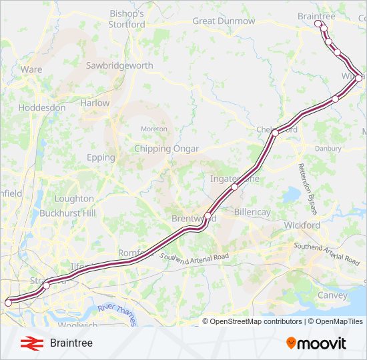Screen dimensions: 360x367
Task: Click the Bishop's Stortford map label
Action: click(126, 19)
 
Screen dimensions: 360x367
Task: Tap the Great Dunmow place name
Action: click(224, 21)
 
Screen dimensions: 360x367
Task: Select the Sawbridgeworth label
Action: click(119, 66)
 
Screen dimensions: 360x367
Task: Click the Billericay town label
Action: click(252, 212)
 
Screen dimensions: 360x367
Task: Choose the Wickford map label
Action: click(302, 225)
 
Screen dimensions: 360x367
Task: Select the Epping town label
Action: click(101, 158)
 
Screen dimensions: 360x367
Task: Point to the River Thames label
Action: click(116, 314)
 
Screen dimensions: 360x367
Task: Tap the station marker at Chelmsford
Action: click(274, 133)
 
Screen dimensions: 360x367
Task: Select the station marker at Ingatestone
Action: click(234, 187)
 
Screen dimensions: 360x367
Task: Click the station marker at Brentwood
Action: click(208, 216)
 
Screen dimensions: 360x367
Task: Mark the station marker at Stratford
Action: click(47, 285)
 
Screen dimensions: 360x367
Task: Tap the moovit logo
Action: click(316, 343)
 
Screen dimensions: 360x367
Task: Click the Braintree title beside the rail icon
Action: click(71, 343)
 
